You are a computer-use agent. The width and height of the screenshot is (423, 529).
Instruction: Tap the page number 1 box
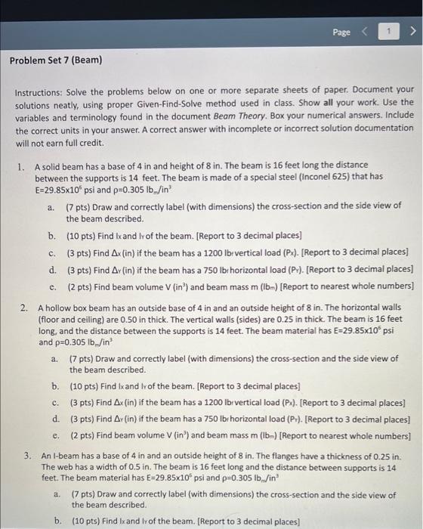(x=389, y=32)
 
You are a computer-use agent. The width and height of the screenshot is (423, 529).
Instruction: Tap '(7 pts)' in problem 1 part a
(x=79, y=206)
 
